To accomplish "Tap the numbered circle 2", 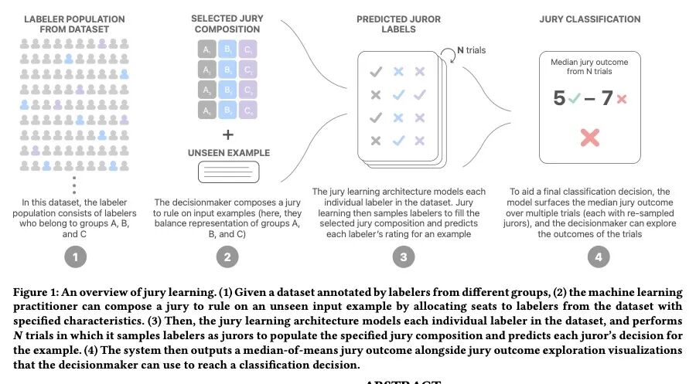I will click(227, 258).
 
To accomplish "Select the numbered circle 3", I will click(402, 258).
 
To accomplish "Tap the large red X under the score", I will click(590, 138).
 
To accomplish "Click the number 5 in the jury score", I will click(559, 100).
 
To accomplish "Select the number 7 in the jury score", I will click(607, 100).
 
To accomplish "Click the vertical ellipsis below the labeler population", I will click(74, 185).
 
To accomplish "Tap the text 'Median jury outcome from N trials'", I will click(590, 67).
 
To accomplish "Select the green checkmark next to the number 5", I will click(573, 100).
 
